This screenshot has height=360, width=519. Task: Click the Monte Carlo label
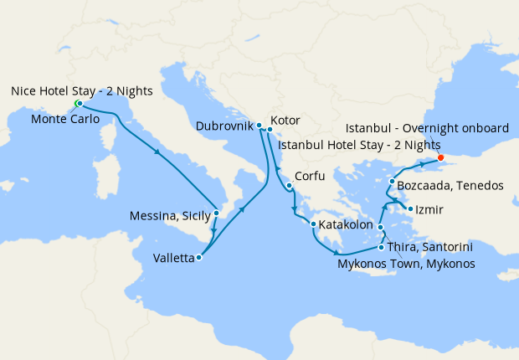pyautogui.click(x=65, y=119)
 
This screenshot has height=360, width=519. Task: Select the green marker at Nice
pyautogui.click(x=78, y=103)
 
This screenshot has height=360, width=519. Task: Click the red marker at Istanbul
pyautogui.click(x=441, y=156)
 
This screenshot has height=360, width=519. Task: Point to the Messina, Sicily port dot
pyautogui.click(x=217, y=213)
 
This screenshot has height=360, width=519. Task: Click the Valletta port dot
pyautogui.click(x=199, y=258)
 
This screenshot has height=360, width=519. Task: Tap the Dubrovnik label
pyautogui.click(x=224, y=127)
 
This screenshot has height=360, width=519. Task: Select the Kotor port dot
pyautogui.click(x=270, y=129)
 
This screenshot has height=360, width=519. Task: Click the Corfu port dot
pyautogui.click(x=288, y=186)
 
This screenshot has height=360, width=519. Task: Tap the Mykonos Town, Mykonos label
pyautogui.click(x=406, y=264)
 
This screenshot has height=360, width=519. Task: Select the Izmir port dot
pyautogui.click(x=410, y=208)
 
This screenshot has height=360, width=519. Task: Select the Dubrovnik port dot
pyautogui.click(x=259, y=126)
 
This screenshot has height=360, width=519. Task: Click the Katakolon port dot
pyautogui.click(x=313, y=224)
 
